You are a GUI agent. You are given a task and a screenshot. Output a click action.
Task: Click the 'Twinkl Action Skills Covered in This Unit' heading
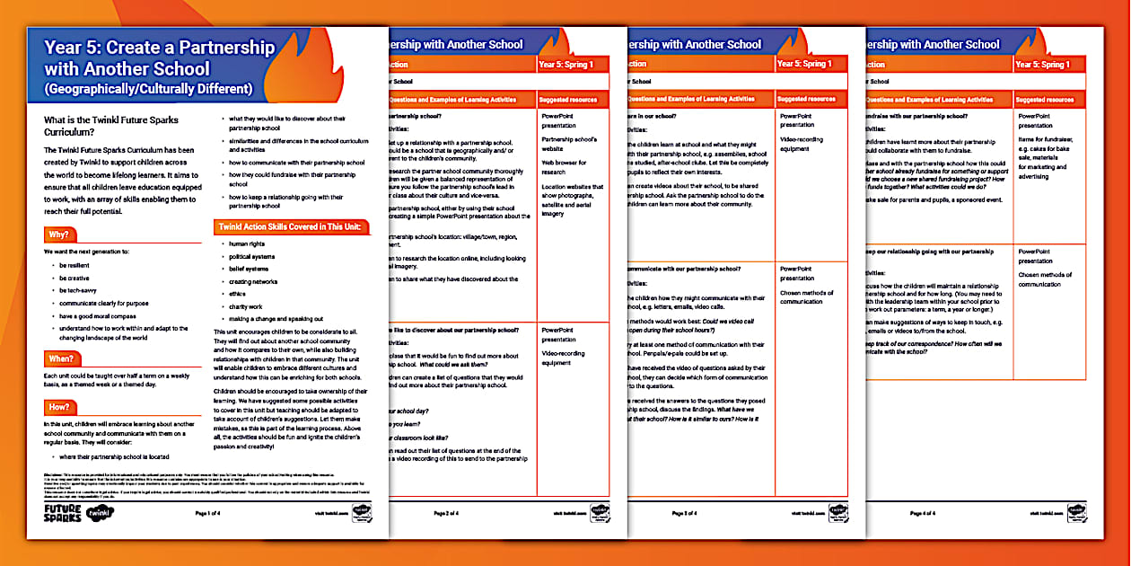point(289,226)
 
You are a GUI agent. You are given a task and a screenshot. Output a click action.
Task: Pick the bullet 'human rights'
point(248,243)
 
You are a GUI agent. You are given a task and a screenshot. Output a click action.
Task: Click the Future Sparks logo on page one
point(62,513)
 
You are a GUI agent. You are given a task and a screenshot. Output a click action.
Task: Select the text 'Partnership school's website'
point(569,145)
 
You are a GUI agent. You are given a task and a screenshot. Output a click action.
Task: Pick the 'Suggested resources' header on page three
point(808,99)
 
